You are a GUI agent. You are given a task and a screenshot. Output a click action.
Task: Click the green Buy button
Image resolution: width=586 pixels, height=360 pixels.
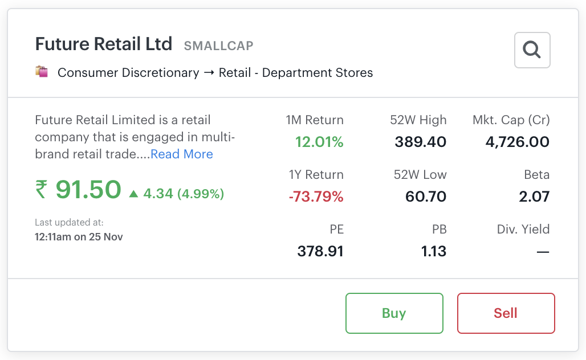(x=394, y=313)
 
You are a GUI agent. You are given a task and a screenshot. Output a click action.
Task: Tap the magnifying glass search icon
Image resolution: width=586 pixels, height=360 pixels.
(x=532, y=50)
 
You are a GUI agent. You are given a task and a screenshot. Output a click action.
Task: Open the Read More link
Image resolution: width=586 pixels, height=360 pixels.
(x=181, y=154)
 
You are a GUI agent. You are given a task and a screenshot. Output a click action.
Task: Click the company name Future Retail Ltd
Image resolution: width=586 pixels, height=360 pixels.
(x=104, y=44)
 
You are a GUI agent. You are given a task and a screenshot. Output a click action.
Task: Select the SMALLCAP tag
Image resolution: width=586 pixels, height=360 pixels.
(x=218, y=46)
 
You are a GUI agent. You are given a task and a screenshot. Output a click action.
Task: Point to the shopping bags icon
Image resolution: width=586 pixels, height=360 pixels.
(x=41, y=72)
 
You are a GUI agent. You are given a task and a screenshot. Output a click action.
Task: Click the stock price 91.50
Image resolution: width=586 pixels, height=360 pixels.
(x=88, y=190)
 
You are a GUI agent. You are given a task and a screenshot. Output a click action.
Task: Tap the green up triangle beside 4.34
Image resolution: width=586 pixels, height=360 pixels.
(x=134, y=194)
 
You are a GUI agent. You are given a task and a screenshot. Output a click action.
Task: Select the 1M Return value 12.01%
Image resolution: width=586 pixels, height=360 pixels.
(x=319, y=142)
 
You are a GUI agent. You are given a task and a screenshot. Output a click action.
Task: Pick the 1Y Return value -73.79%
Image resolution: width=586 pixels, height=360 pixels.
(x=316, y=197)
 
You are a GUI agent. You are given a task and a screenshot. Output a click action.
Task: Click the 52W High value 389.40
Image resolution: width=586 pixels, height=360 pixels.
(x=420, y=142)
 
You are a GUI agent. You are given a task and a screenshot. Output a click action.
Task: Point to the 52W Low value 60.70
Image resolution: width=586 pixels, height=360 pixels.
(x=425, y=197)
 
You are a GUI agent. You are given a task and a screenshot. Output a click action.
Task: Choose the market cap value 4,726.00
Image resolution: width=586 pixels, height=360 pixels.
(x=517, y=142)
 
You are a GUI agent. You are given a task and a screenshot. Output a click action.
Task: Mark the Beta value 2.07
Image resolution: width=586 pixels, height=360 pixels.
(x=534, y=197)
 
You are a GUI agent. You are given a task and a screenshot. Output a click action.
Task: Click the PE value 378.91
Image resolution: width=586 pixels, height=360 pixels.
(x=320, y=251)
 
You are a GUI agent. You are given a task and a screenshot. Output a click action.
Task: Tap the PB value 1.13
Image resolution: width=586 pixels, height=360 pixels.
(x=433, y=251)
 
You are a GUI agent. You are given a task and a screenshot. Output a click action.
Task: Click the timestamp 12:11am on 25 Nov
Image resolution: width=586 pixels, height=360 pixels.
(x=79, y=236)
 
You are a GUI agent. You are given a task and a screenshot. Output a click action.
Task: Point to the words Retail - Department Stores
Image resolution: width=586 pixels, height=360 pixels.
(x=296, y=73)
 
